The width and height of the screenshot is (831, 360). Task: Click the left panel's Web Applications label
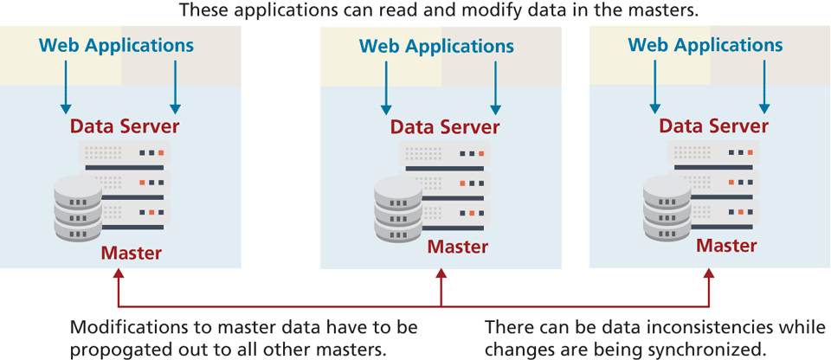pyautogui.click(x=117, y=44)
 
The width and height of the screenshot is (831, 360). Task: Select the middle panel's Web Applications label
pyautogui.click(x=436, y=46)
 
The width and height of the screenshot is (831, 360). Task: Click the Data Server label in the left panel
pyautogui.click(x=125, y=126)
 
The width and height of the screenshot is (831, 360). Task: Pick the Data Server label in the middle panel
pyautogui.click(x=445, y=127)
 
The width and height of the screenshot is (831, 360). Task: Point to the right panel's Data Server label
pyautogui.click(x=713, y=125)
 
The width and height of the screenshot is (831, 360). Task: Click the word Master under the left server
pyautogui.click(x=131, y=254)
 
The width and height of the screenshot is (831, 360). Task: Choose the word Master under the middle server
pyautogui.click(x=458, y=247)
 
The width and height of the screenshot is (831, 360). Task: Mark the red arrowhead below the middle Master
pyautogui.click(x=441, y=275)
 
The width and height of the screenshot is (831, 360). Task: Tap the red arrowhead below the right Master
pyautogui.click(x=712, y=275)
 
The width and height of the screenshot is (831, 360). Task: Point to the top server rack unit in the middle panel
pyautogui.click(x=443, y=155)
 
